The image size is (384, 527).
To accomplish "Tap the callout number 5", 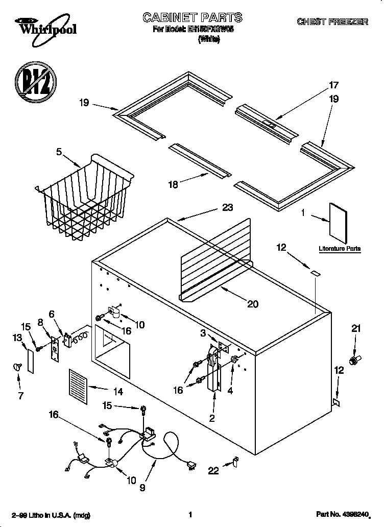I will pos(59,152).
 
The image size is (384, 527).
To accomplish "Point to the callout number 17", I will pos(333,85).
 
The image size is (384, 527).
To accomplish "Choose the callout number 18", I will pos(173,185).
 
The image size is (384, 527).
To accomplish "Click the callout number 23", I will pos(227,207).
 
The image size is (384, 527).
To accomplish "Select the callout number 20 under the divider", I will pos(252,304).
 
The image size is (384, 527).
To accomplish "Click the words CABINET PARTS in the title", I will pos(192,18).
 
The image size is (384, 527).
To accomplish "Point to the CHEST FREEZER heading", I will pos(332,21).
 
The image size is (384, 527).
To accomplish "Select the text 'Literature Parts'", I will pos(340,249).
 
